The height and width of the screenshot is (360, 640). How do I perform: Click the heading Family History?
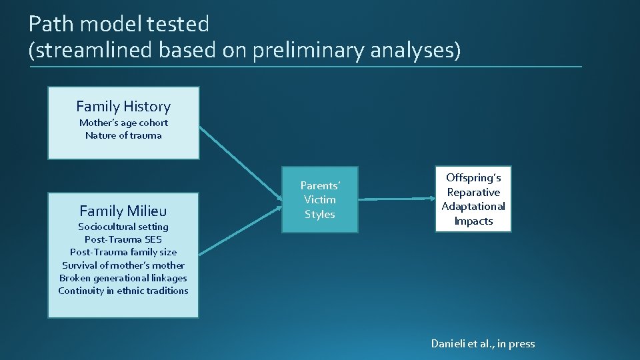123,107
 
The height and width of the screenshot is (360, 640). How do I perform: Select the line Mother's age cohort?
123,123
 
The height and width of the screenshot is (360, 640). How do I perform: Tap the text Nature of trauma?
123,135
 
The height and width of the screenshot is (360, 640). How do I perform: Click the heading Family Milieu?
123,211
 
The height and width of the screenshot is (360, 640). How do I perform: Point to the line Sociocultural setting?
123,227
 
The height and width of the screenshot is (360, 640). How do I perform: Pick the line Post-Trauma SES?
123,239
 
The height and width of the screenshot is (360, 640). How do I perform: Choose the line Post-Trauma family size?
123,252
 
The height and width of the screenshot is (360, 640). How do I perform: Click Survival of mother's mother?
123,265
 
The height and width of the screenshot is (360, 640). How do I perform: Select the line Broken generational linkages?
123,278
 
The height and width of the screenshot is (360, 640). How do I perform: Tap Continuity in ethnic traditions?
123,291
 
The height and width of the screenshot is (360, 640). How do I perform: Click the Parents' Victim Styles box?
319,199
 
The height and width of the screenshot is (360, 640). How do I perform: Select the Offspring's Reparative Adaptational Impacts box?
473,199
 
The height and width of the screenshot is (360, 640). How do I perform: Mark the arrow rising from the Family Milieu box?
240,231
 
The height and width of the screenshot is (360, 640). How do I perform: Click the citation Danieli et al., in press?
483,344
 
